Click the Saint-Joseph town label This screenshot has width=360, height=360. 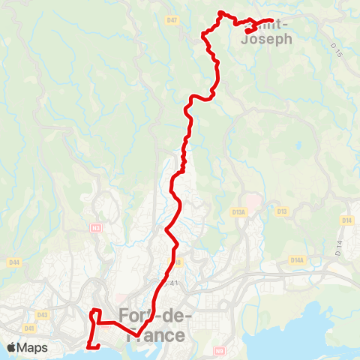(267, 33)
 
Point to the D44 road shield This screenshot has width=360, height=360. (14, 262)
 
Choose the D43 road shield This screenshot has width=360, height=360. (42, 314)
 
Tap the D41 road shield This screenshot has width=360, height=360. (29, 328)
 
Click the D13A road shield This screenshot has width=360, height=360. (239, 212)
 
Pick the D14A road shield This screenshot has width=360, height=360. (297, 259)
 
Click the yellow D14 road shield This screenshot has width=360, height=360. (346, 220)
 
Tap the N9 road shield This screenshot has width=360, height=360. (219, 350)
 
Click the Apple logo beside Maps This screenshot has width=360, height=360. (12, 347)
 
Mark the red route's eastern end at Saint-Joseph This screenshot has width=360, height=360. (271, 20)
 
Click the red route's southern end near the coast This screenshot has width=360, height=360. (89, 346)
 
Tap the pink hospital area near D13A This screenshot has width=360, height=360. (253, 201)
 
